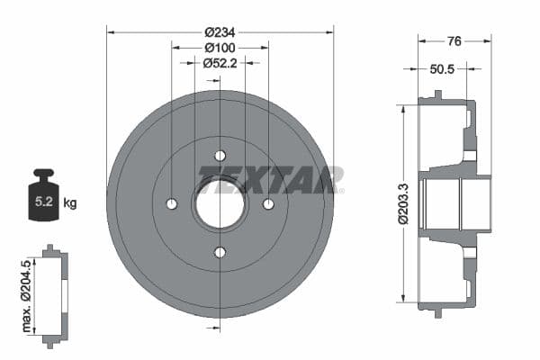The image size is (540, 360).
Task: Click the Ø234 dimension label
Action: pos(220,31)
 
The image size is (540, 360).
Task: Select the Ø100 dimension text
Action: pos(220,47)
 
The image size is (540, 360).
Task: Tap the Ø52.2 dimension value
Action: pos(220,62)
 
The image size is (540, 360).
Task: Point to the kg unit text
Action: pos(69,202)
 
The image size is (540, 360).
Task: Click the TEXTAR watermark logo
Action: pos(270,180)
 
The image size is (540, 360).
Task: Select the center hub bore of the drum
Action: pos(220,204)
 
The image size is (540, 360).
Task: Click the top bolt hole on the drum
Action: pos(220,156)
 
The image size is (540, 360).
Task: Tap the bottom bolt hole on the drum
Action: pos(220,252)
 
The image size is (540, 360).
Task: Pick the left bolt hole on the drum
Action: pos(172,204)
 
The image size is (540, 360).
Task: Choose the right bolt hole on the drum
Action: pos(268,204)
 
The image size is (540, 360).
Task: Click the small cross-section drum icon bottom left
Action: pos(55,292)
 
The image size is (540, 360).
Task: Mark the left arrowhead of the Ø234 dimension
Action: pos(111,31)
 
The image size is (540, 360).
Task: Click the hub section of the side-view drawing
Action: pos(459,205)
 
